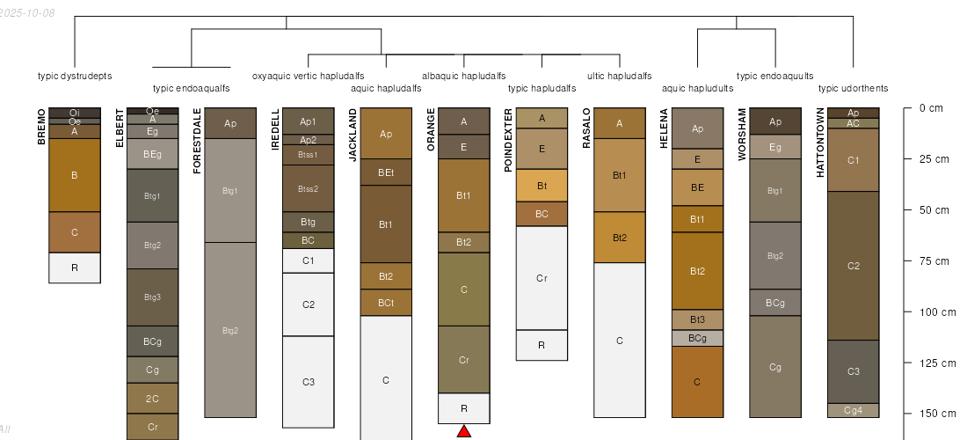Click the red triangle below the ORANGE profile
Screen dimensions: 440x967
click(464, 430)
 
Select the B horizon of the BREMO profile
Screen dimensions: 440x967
click(75, 175)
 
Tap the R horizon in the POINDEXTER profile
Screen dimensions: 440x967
click(542, 345)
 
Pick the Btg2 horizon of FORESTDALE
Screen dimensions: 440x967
click(230, 330)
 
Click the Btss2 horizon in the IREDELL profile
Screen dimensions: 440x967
click(308, 188)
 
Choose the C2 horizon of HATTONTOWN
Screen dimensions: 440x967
click(854, 265)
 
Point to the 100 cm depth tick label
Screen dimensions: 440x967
click(936, 312)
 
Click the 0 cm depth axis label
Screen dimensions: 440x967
click(930, 108)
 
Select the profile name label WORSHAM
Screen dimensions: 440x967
click(742, 134)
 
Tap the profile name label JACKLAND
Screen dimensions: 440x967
click(353, 135)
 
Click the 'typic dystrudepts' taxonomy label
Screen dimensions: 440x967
click(75, 76)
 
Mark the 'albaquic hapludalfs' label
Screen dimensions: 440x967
click(464, 76)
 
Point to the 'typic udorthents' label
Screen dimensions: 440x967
click(853, 88)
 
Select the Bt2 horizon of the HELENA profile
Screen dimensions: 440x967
click(698, 271)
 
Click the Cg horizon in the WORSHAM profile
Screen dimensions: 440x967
click(775, 367)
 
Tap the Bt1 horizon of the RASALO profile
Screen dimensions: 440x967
click(620, 175)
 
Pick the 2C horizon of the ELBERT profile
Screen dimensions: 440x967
click(153, 398)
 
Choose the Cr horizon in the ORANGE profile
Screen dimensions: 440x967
click(464, 359)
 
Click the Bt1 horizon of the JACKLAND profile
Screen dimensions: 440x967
click(386, 224)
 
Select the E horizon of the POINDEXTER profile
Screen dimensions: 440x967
click(542, 149)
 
